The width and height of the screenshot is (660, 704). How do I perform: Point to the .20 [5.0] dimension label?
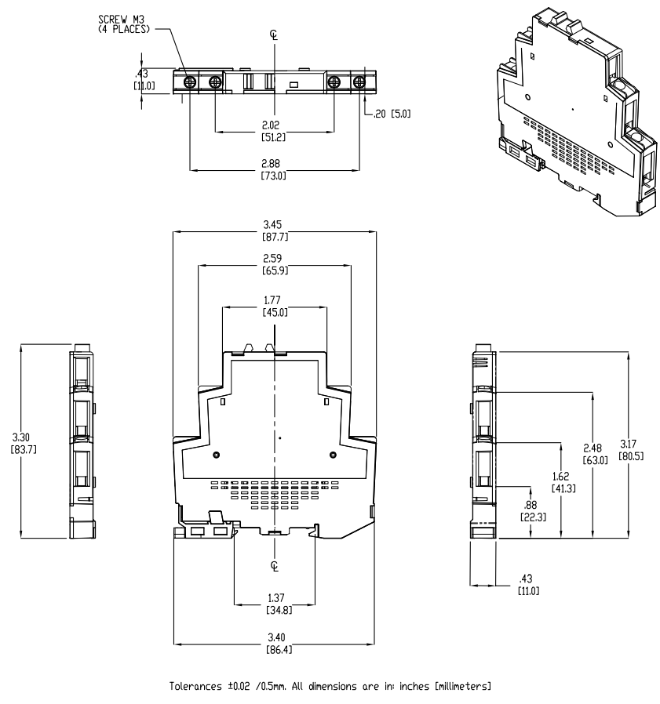pos(394,113)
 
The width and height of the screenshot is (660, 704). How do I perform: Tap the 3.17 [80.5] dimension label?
pos(631,451)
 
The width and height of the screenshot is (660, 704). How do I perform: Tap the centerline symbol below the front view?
pos(274,566)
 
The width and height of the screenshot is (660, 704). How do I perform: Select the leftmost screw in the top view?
pos(189,82)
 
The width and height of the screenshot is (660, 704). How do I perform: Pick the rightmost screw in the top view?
pos(359,82)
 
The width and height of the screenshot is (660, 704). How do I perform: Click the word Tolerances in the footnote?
pos(196,688)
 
